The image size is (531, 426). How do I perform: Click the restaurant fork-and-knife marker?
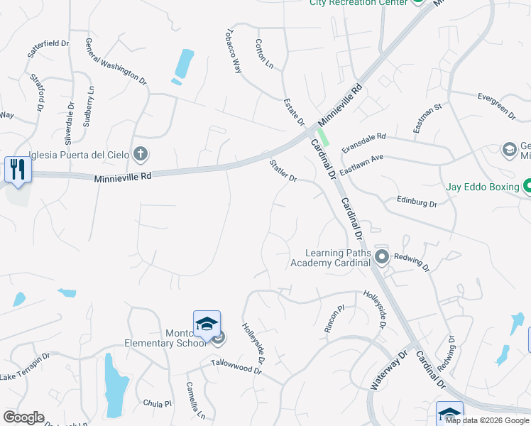pos(18,169)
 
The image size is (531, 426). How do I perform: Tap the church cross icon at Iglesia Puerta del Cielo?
pos(141,153)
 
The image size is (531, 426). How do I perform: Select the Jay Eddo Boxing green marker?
pos(527,187)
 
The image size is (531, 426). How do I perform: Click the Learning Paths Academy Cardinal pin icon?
pos(382,256)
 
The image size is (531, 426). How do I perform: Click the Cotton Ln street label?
pos(263,53)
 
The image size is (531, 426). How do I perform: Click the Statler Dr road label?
pos(283,170)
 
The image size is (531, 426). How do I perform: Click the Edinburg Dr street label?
pos(417,202)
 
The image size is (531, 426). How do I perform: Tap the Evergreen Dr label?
pos(496,104)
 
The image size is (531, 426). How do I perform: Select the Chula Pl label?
pos(158,403)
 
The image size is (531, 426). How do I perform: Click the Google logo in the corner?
pos(23,417)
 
